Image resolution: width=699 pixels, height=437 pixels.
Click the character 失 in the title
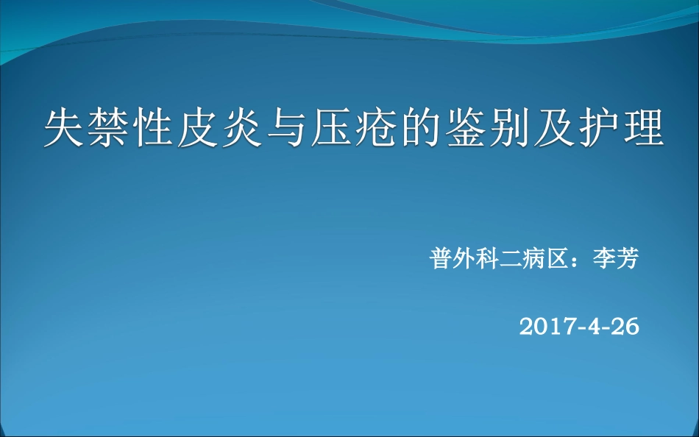pyautogui.click(x=65, y=129)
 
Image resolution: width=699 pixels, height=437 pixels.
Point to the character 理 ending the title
pyautogui.click(x=645, y=129)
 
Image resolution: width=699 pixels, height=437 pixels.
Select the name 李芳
pyautogui.click(x=616, y=259)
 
